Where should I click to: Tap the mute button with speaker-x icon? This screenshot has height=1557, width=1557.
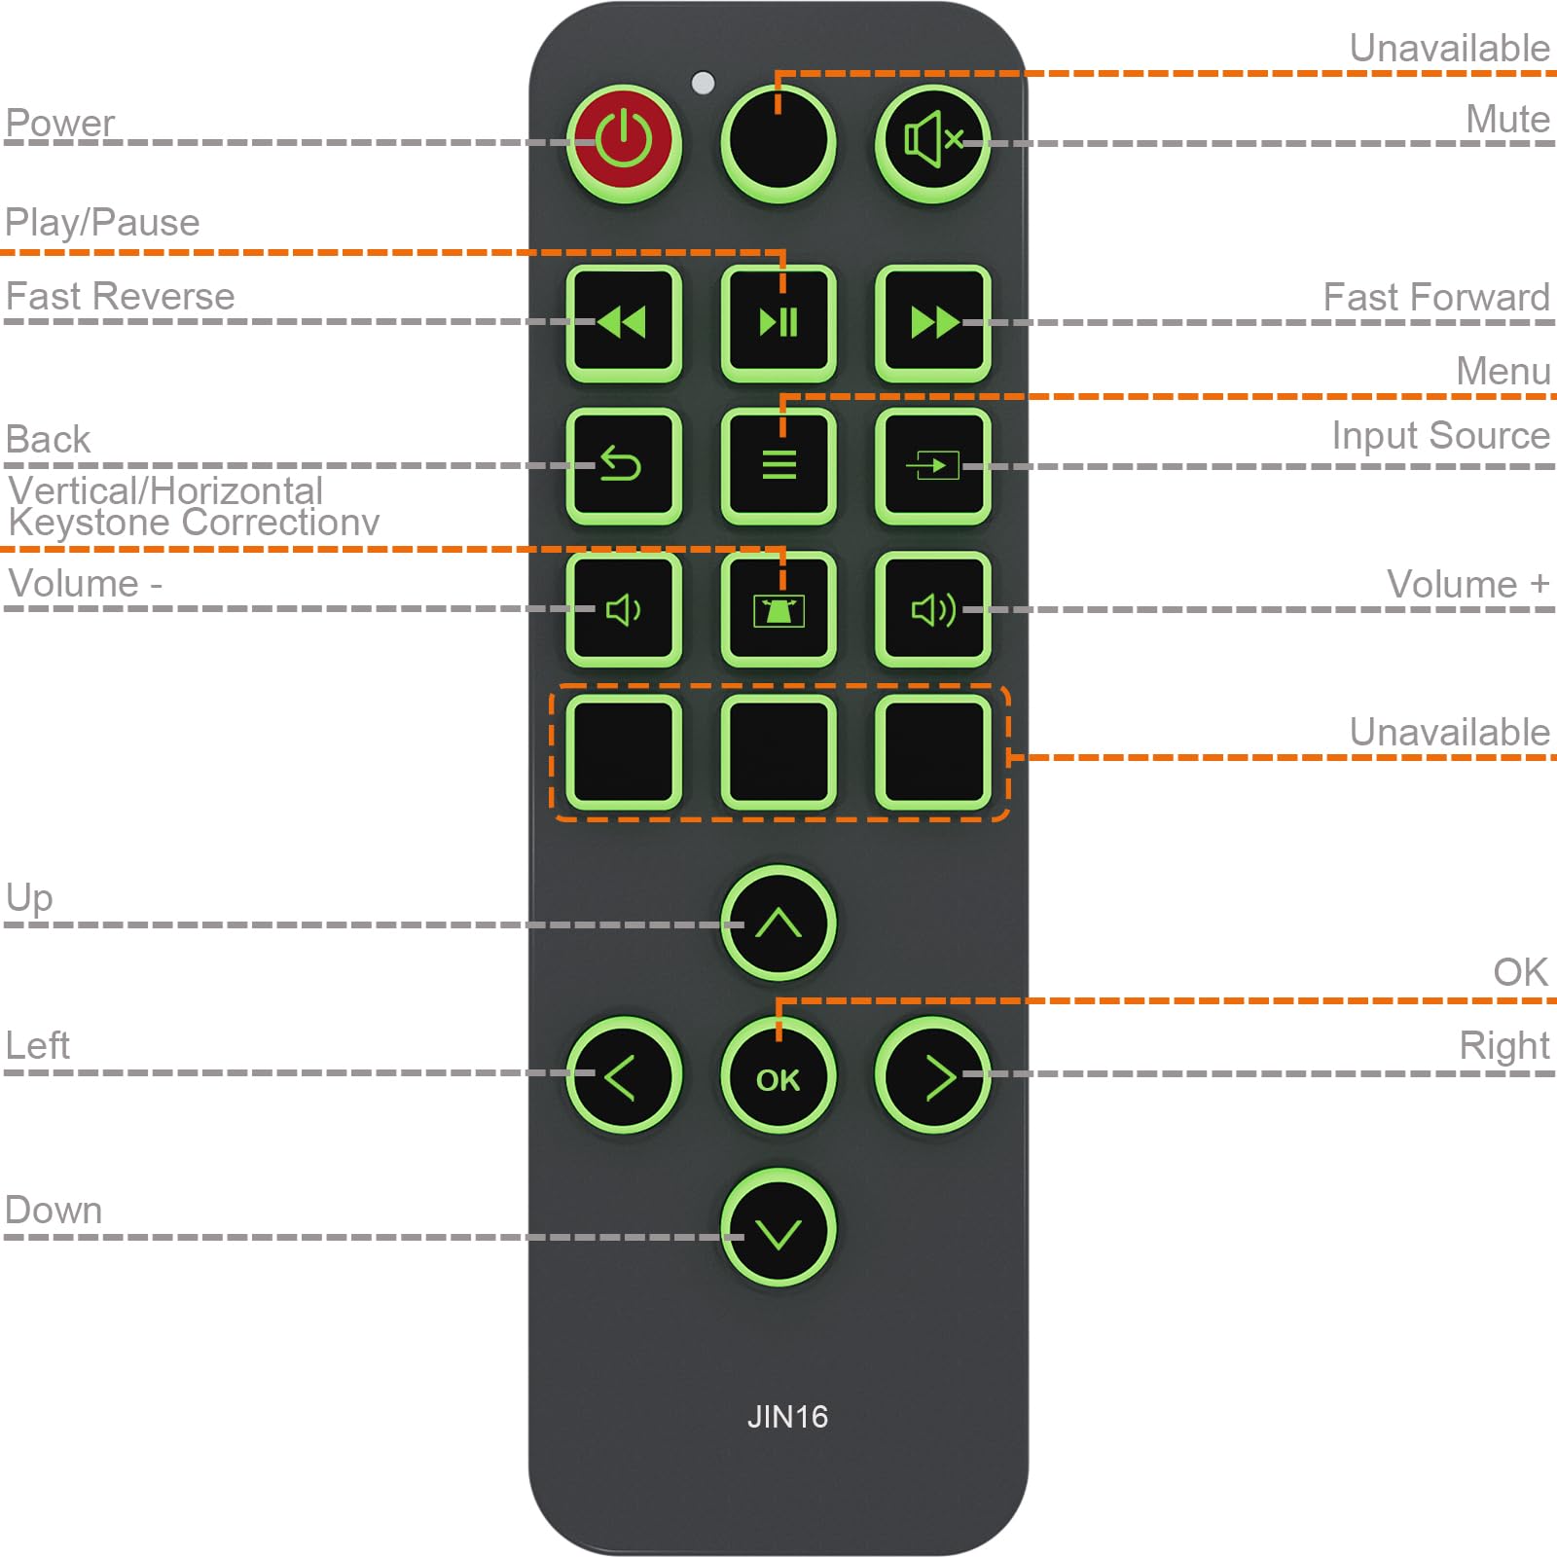[932, 142]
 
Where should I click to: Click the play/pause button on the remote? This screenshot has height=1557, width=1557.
[778, 322]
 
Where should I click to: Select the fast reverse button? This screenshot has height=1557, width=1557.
[624, 322]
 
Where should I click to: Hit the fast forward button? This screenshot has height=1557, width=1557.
[932, 322]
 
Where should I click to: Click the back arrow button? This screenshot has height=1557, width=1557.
[624, 465]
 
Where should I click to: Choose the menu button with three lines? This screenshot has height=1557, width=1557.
[778, 465]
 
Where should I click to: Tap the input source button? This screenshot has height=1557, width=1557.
[932, 465]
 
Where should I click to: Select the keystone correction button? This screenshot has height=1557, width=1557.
[778, 609]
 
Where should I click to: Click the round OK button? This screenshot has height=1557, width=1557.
[778, 1076]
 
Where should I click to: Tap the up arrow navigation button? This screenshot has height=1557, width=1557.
[778, 923]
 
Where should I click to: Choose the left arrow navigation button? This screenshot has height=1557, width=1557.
[624, 1076]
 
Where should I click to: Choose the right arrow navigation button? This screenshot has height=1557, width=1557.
[932, 1076]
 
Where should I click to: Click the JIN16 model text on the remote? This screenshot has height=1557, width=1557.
[787, 1417]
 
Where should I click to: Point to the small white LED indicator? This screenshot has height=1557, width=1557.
[703, 83]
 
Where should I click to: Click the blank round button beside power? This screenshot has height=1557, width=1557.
[778, 142]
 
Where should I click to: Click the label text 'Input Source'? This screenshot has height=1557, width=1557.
[1440, 435]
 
